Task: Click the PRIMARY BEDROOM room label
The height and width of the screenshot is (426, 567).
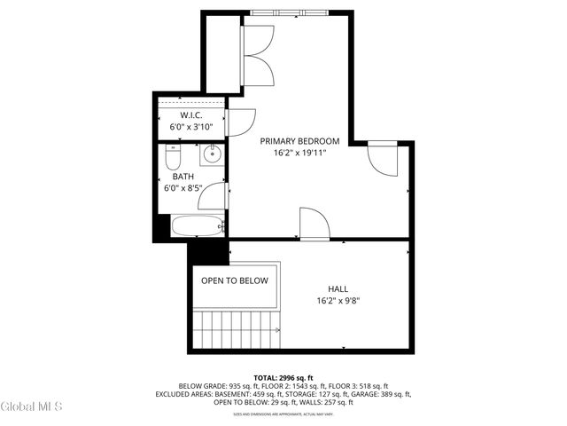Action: [x=299, y=141]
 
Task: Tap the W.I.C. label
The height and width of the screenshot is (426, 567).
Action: [x=191, y=115]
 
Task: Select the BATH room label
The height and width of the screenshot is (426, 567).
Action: [x=183, y=176]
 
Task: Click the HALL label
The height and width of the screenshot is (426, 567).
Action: [x=338, y=288]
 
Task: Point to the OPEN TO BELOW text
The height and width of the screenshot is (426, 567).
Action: [x=234, y=280]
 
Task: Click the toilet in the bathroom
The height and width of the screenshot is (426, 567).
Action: [x=173, y=159]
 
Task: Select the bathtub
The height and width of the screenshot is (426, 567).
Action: [x=195, y=226]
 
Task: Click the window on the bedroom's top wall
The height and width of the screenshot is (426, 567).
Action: [x=290, y=12]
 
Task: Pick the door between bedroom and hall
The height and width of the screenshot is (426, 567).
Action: [x=314, y=224]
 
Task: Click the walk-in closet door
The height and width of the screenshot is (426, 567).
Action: [x=240, y=121]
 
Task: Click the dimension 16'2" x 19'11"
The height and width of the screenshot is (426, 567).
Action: [x=299, y=153]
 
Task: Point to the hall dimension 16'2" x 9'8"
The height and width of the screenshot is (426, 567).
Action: [x=338, y=300]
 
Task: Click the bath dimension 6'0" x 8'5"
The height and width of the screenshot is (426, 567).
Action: [x=183, y=188]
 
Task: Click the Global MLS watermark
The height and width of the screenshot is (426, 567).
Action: [x=32, y=406]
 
